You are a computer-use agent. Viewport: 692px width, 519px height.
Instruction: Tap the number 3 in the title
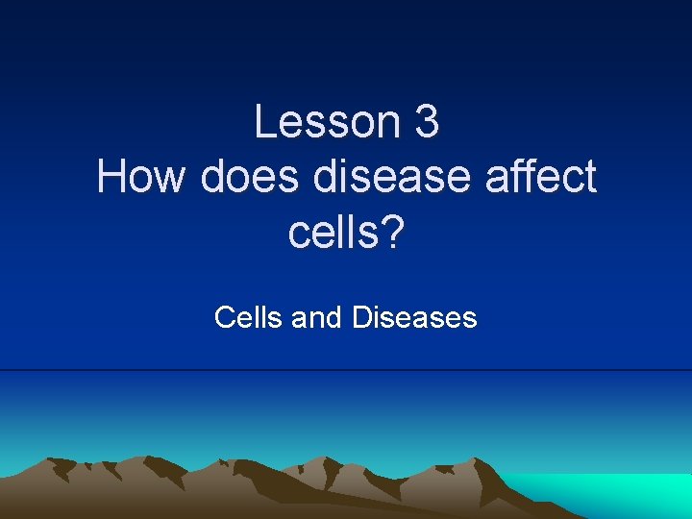[x=427, y=122]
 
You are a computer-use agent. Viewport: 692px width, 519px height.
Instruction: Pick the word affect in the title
[x=532, y=178]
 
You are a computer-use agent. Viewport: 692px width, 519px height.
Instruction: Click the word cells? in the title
[x=346, y=234]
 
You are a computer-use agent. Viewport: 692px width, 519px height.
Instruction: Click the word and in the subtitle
[x=316, y=316]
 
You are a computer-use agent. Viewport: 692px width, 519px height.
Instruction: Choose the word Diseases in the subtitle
[x=414, y=316]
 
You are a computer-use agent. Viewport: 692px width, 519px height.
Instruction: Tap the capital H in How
[x=111, y=178]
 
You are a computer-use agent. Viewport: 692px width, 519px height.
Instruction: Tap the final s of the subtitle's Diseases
[x=470, y=318]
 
